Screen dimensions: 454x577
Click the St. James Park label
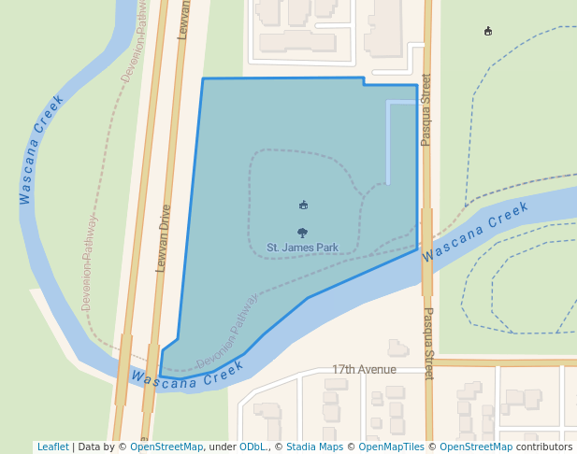(302, 248)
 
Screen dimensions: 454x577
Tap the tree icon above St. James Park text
(302, 233)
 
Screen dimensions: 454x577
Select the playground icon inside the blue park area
(303, 205)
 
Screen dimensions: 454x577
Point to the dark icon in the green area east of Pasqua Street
(487, 32)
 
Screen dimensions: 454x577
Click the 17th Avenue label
(364, 370)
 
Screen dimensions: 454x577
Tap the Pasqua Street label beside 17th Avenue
(428, 343)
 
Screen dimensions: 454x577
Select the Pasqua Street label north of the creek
(426, 109)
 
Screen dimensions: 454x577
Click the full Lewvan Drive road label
(164, 238)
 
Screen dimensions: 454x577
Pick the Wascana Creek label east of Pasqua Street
(475, 233)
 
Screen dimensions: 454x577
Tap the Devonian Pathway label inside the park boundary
(227, 332)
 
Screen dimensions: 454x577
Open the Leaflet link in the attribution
(52, 447)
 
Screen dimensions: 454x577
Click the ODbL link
(252, 447)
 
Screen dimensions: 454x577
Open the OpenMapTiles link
(392, 447)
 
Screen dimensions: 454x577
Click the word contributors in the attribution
(543, 447)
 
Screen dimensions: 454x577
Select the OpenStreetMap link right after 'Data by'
(166, 447)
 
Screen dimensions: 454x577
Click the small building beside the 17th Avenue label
(398, 348)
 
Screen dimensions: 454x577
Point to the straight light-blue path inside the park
(388, 140)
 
